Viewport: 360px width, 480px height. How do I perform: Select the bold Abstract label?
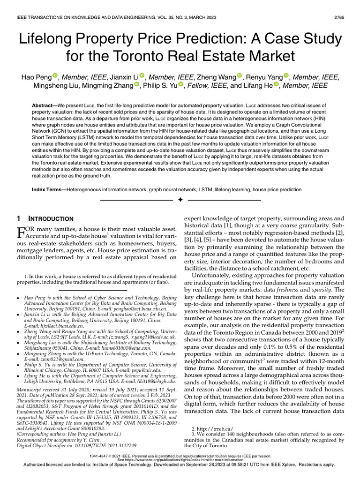[46, 107]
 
